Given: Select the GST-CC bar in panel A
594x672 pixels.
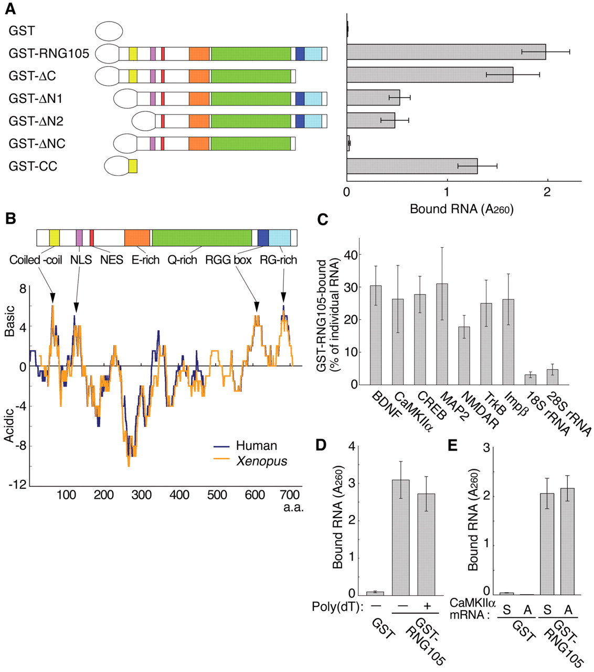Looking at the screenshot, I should (412, 166).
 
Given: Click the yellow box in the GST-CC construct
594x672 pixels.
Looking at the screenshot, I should (133, 166).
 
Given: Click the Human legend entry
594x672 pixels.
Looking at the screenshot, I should (256, 446).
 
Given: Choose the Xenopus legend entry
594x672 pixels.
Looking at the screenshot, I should (261, 461).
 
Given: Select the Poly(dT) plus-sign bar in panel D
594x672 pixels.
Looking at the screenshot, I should (427, 544).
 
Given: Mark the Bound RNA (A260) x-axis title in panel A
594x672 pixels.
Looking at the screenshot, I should (461, 209).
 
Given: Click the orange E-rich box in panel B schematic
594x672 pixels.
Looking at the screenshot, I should (137, 238).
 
